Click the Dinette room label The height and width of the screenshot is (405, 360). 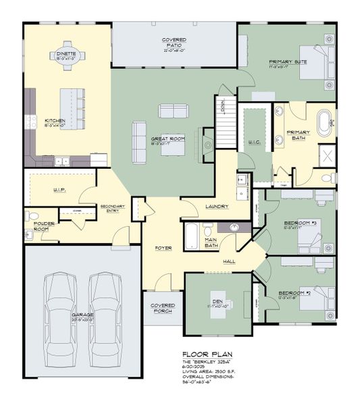[66, 55]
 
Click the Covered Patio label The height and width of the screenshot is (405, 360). [174, 43]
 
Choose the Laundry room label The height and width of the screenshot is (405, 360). [217, 207]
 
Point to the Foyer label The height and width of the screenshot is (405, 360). [163, 248]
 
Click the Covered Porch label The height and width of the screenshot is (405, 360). [163, 308]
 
